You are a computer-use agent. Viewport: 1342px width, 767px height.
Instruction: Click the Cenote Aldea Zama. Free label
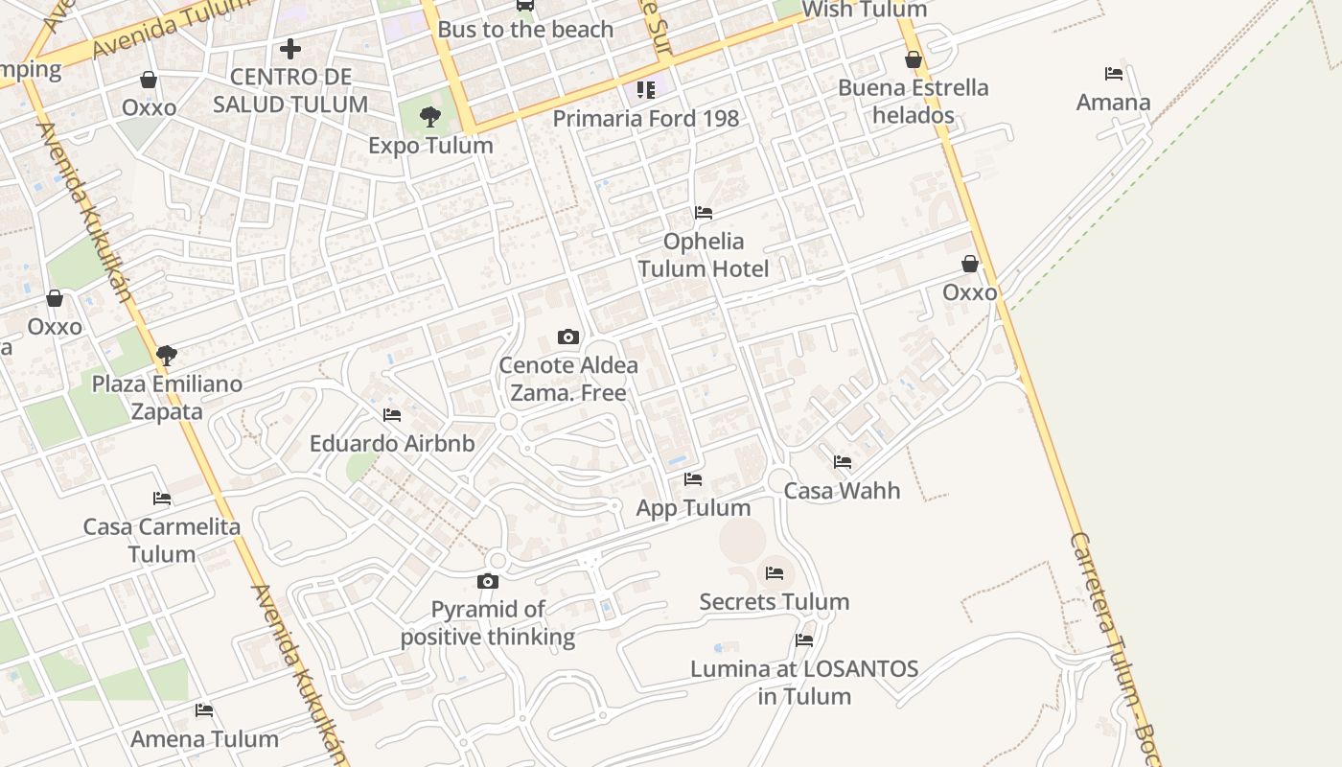pyautogui.click(x=568, y=379)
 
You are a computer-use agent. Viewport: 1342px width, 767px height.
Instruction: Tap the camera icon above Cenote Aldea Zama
pyautogui.click(x=568, y=337)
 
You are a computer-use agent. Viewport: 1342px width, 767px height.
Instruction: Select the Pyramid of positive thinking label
pyautogui.click(x=488, y=623)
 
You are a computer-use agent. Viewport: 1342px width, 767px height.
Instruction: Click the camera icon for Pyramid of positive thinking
pyautogui.click(x=488, y=581)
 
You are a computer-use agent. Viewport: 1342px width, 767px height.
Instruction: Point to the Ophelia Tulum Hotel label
pyautogui.click(x=704, y=255)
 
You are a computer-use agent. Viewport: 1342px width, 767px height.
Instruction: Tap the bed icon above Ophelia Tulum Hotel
pyautogui.click(x=704, y=213)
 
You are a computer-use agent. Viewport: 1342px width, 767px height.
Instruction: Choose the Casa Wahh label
pyautogui.click(x=842, y=491)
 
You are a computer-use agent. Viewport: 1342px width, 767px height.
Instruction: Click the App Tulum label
pyautogui.click(x=693, y=508)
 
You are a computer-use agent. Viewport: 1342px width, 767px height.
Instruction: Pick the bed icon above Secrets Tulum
pyautogui.click(x=775, y=573)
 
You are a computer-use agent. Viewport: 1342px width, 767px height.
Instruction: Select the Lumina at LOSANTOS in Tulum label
pyautogui.click(x=804, y=683)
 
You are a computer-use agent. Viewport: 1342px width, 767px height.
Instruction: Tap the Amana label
pyautogui.click(x=1113, y=103)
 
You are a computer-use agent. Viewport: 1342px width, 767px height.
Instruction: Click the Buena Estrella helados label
pyautogui.click(x=913, y=102)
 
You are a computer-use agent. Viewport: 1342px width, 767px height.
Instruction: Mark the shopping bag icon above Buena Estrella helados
pyautogui.click(x=914, y=59)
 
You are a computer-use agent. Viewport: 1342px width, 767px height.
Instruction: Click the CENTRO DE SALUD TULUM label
pyautogui.click(x=290, y=90)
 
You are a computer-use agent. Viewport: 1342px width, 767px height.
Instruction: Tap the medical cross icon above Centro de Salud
pyautogui.click(x=290, y=48)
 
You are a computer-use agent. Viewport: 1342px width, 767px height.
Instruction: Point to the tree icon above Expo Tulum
pyautogui.click(x=430, y=117)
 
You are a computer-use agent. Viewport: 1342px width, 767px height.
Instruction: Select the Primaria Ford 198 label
pyautogui.click(x=646, y=119)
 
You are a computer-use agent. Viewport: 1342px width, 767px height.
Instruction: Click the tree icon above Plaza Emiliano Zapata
pyautogui.click(x=167, y=356)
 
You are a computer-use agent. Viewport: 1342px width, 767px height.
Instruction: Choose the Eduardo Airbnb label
pyautogui.click(x=392, y=444)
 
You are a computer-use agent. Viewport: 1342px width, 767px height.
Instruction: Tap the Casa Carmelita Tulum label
pyautogui.click(x=162, y=540)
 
